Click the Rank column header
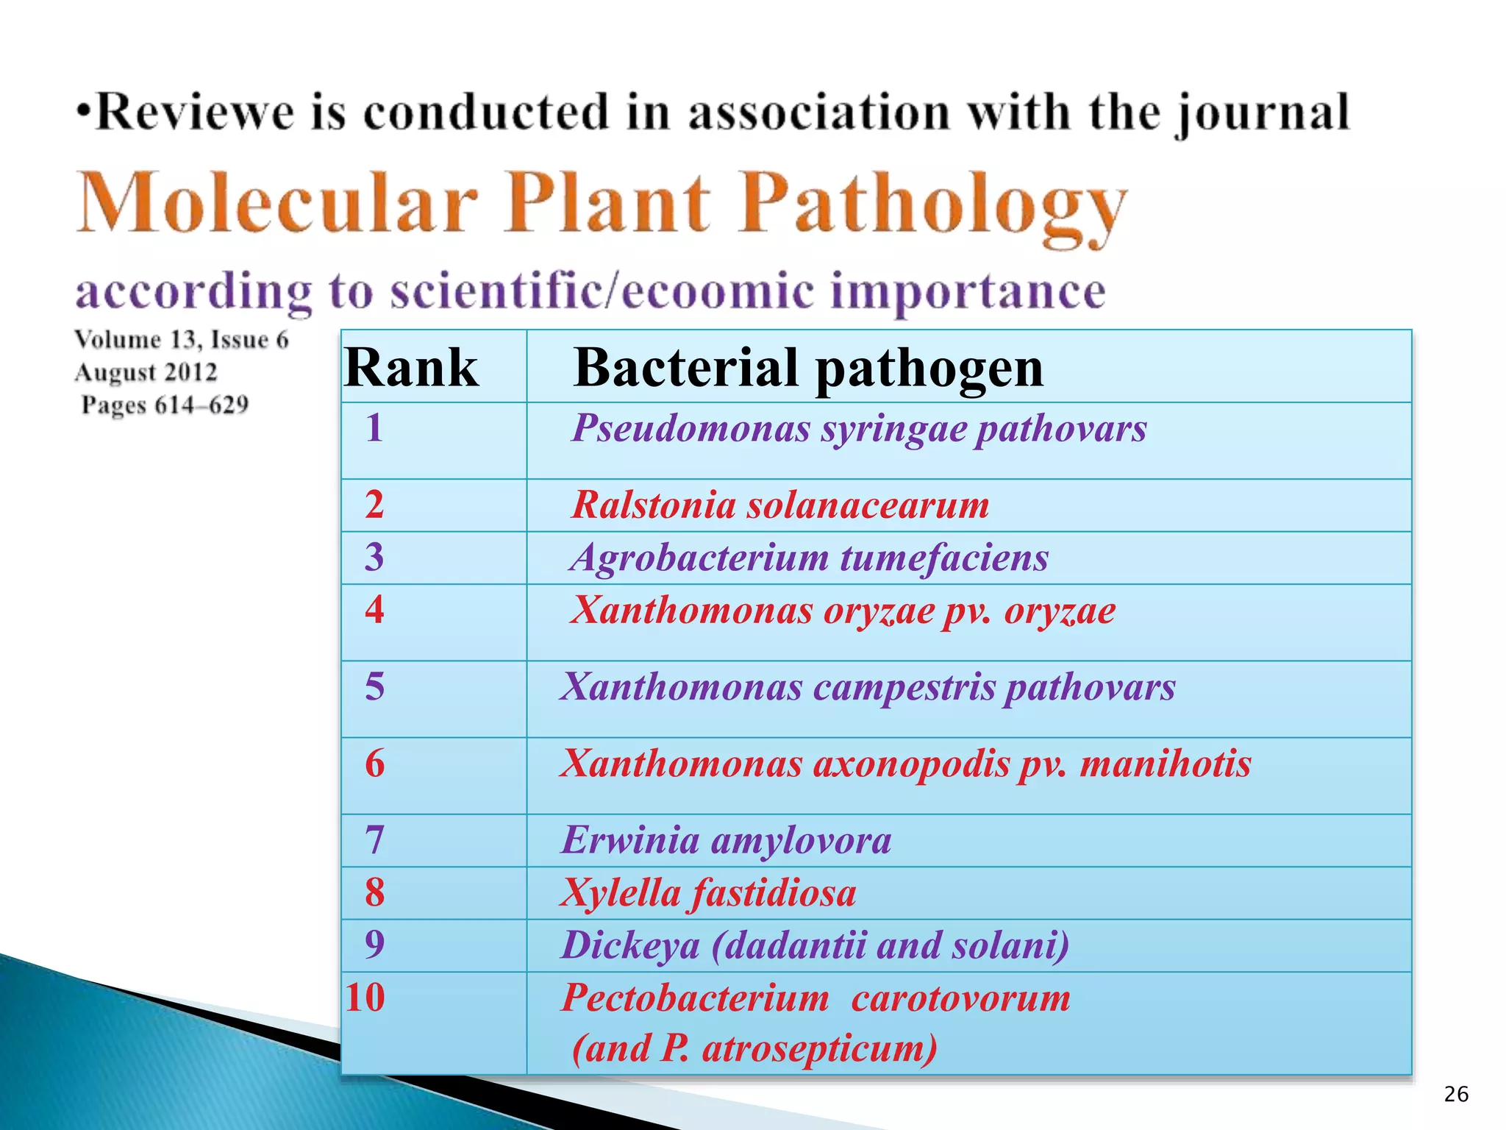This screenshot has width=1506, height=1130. pos(411,367)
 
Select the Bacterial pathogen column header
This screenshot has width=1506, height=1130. pos(808,367)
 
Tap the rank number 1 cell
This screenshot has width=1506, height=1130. pos(374,427)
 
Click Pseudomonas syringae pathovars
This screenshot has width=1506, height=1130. pos(859,429)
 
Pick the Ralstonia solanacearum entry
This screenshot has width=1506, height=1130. pos(780,505)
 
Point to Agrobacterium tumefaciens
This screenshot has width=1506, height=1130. pos(810,558)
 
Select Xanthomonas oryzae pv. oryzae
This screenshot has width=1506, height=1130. pos(843,611)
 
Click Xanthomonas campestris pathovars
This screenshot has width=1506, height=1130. pos(868,687)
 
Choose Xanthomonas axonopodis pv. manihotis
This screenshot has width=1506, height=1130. pos(905,764)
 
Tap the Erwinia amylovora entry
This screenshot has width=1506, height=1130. pos(726,840)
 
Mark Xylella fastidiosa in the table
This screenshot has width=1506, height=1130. pos(708,893)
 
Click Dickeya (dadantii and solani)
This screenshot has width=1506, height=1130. pos(815,945)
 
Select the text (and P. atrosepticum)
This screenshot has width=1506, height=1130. pos(754,1048)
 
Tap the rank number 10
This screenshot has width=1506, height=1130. pos(365,998)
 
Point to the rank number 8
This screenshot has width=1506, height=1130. pos(374,892)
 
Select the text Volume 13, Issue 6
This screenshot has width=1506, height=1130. pos(182,339)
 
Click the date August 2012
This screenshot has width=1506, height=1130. pos(146,372)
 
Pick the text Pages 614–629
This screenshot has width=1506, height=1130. pos(165,405)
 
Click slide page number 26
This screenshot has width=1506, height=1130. pos(1456,1095)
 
